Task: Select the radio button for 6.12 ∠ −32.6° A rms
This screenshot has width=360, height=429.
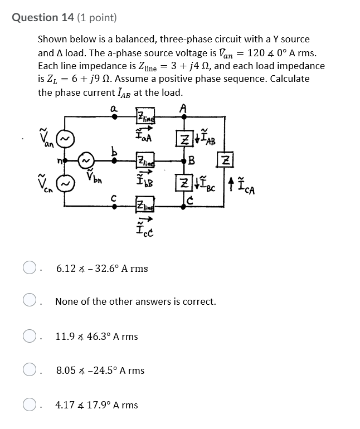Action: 30,268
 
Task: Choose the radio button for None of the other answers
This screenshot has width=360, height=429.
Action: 30,301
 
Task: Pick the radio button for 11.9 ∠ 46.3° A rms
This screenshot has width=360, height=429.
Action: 30,337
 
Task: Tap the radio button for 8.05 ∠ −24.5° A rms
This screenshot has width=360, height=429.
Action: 30,370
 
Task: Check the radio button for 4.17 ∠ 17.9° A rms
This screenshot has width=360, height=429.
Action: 30,405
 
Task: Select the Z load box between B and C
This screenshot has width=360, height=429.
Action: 184,183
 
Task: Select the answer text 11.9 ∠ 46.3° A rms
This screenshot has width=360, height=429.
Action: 96,337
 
